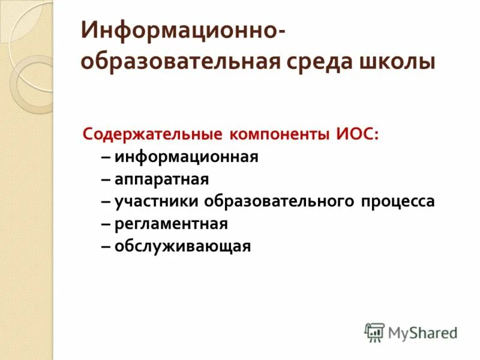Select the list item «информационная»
tap(187, 157)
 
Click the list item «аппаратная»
tap(162, 179)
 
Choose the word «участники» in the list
tap(157, 202)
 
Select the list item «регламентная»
tap(171, 224)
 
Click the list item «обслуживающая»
tap(182, 246)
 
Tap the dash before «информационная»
tap(106, 157)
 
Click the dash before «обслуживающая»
tap(106, 246)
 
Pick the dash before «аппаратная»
tap(106, 179)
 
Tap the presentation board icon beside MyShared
tap(374, 332)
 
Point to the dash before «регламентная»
tap(106, 224)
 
